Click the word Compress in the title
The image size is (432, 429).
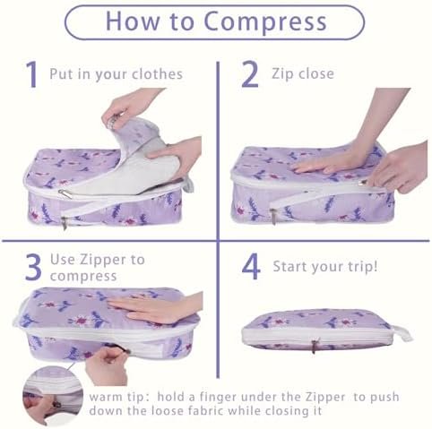265,21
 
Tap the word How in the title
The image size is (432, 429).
133,21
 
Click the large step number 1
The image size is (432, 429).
31,74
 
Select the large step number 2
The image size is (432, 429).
249,73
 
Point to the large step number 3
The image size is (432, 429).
33,267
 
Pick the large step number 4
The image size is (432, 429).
251,266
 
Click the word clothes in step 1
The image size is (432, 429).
157,74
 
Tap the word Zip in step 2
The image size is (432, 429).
282,74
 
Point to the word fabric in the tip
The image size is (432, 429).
202,411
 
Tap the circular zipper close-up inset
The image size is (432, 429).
53,396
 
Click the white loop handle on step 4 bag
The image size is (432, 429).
401,333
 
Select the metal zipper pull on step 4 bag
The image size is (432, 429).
315,346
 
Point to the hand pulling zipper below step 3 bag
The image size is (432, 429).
108,365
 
